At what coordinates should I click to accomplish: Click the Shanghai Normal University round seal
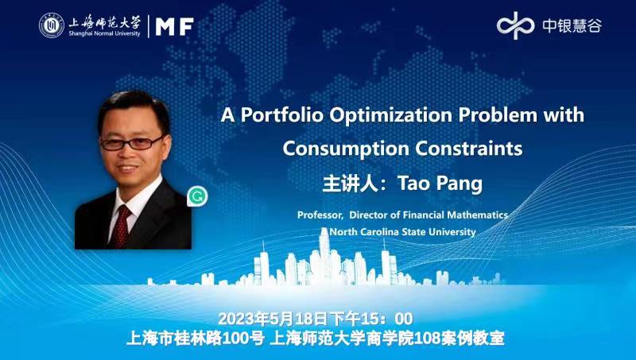(52, 25)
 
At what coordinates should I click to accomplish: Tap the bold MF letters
(174, 27)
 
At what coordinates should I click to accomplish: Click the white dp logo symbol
(515, 25)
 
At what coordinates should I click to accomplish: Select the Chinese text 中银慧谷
(572, 26)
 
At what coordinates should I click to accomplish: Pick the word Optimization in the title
(391, 116)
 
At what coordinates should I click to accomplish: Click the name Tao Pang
(440, 184)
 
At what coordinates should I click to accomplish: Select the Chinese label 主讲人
(347, 184)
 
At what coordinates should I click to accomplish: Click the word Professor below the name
(320, 215)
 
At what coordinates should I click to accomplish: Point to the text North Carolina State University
(403, 232)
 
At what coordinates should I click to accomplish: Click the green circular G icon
(198, 196)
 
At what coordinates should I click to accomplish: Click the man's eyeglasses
(130, 143)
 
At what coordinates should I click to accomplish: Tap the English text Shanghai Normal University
(104, 33)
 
